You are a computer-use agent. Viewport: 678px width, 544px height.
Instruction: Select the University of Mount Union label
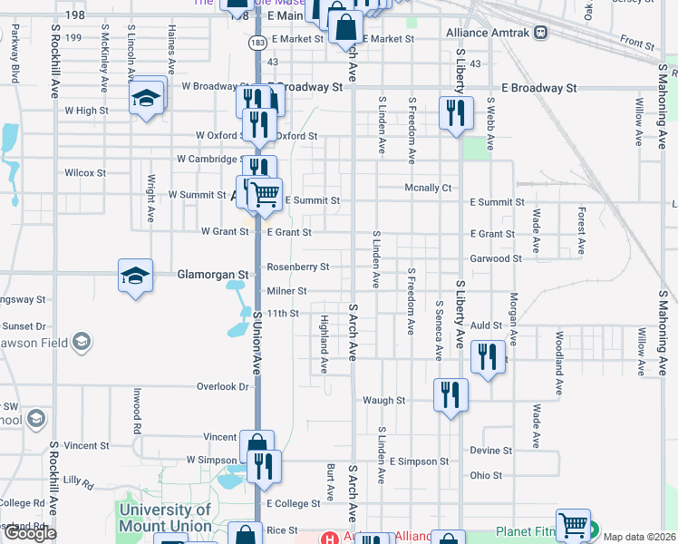pyautogui.click(x=165, y=518)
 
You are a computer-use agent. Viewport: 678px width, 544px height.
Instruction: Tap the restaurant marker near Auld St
pyautogui.click(x=489, y=356)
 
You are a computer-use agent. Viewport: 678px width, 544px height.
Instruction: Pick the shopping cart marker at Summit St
pyautogui.click(x=265, y=192)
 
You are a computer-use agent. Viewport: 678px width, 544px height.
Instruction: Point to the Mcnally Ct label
pyautogui.click(x=427, y=188)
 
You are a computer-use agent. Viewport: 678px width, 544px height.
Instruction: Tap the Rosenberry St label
pyautogui.click(x=297, y=267)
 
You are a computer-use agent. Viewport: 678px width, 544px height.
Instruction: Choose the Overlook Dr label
pyautogui.click(x=222, y=386)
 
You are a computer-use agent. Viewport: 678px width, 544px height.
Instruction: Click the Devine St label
pyautogui.click(x=491, y=450)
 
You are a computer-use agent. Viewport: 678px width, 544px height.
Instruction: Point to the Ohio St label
pyautogui.click(x=486, y=475)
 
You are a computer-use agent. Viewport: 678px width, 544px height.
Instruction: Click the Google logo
pyautogui.click(x=30, y=533)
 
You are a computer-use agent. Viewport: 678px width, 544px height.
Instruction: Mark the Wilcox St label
pyautogui.click(x=85, y=172)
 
